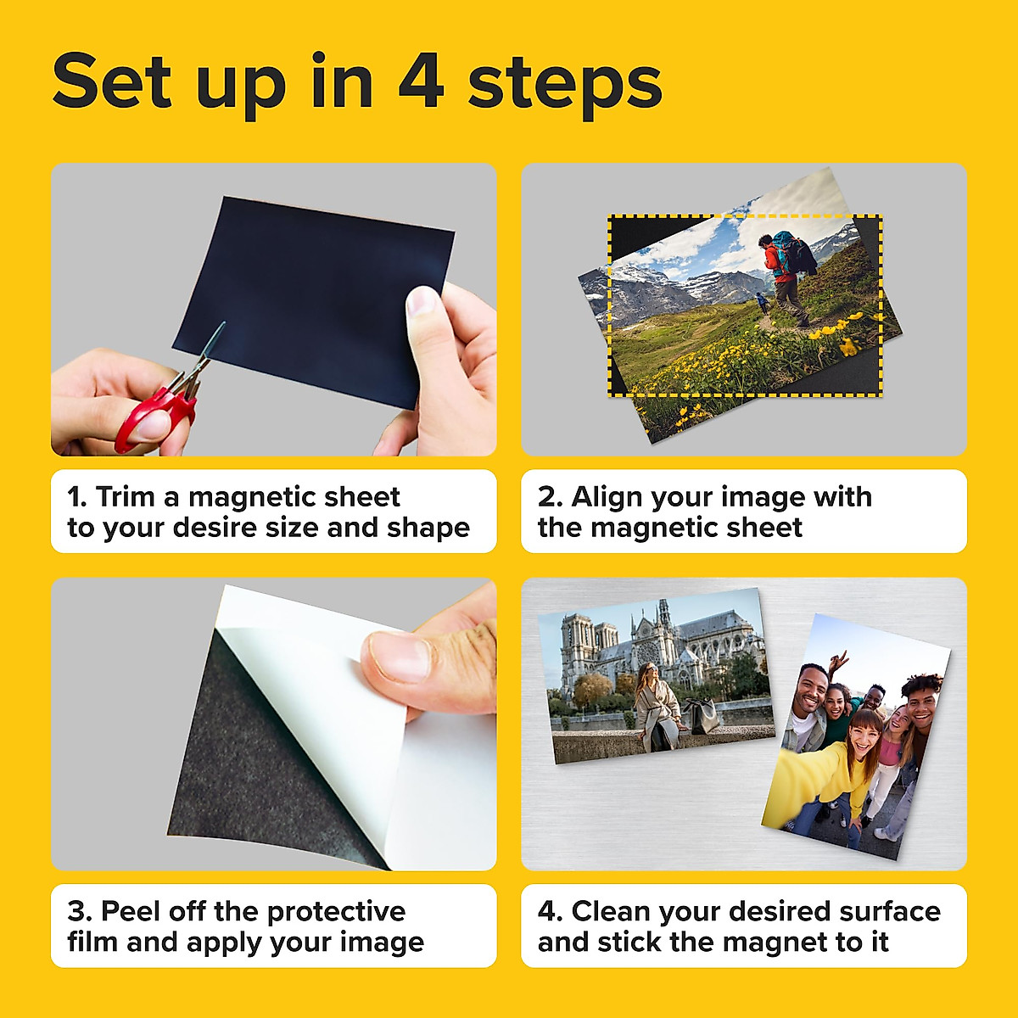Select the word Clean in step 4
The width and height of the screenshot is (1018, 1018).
[611, 911]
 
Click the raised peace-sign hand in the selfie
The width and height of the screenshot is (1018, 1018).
[838, 661]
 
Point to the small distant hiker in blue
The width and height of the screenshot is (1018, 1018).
[761, 302]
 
